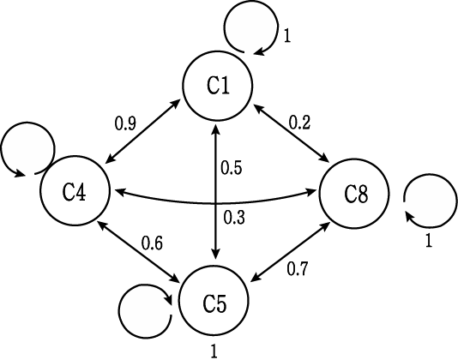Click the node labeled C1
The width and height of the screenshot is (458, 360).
[218, 86]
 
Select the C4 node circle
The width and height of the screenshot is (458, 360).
[75, 190]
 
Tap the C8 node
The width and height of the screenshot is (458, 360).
[354, 193]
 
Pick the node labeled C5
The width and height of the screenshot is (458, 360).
[214, 301]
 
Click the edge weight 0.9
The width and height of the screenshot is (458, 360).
[125, 123]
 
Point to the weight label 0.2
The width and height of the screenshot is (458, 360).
[299, 123]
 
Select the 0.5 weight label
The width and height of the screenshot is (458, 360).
[232, 168]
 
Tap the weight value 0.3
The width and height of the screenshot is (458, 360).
[234, 218]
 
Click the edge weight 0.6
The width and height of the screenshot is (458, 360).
[152, 243]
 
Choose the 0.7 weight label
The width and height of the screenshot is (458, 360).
[297, 268]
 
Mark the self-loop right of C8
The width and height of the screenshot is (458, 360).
[455, 201]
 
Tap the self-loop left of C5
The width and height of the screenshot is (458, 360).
[119, 311]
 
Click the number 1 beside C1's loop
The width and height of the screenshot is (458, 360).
[287, 37]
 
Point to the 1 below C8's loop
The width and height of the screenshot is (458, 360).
[428, 241]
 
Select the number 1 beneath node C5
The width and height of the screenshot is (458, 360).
[214, 351]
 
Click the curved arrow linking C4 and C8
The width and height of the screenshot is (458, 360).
[215, 202]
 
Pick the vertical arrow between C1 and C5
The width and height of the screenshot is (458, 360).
[216, 191]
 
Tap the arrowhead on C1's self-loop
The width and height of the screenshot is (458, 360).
[259, 51]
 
